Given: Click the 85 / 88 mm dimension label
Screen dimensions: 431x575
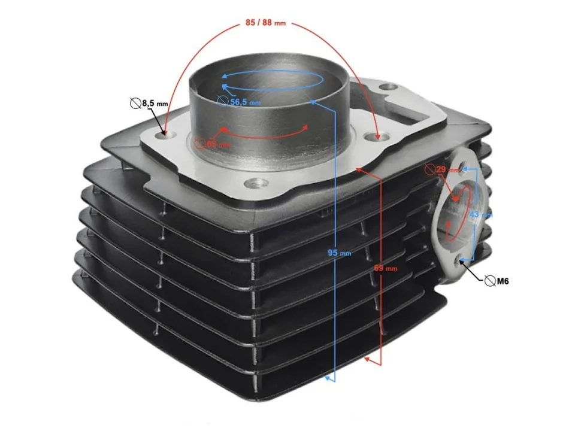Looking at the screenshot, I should [x=265, y=23].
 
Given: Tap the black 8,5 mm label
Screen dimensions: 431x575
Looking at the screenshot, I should [x=153, y=104].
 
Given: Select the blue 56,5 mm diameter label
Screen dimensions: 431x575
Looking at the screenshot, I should [x=245, y=102].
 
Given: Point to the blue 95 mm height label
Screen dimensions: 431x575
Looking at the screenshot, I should [x=340, y=253].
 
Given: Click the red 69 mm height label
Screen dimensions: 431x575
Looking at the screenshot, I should [x=386, y=268].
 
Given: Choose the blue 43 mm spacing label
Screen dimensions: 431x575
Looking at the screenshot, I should [x=480, y=214].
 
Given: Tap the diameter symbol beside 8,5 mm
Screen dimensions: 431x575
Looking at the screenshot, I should [x=135, y=104].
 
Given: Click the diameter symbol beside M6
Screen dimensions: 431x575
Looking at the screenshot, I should [x=490, y=281].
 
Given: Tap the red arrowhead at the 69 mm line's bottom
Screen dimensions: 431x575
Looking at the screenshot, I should [x=368, y=359].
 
